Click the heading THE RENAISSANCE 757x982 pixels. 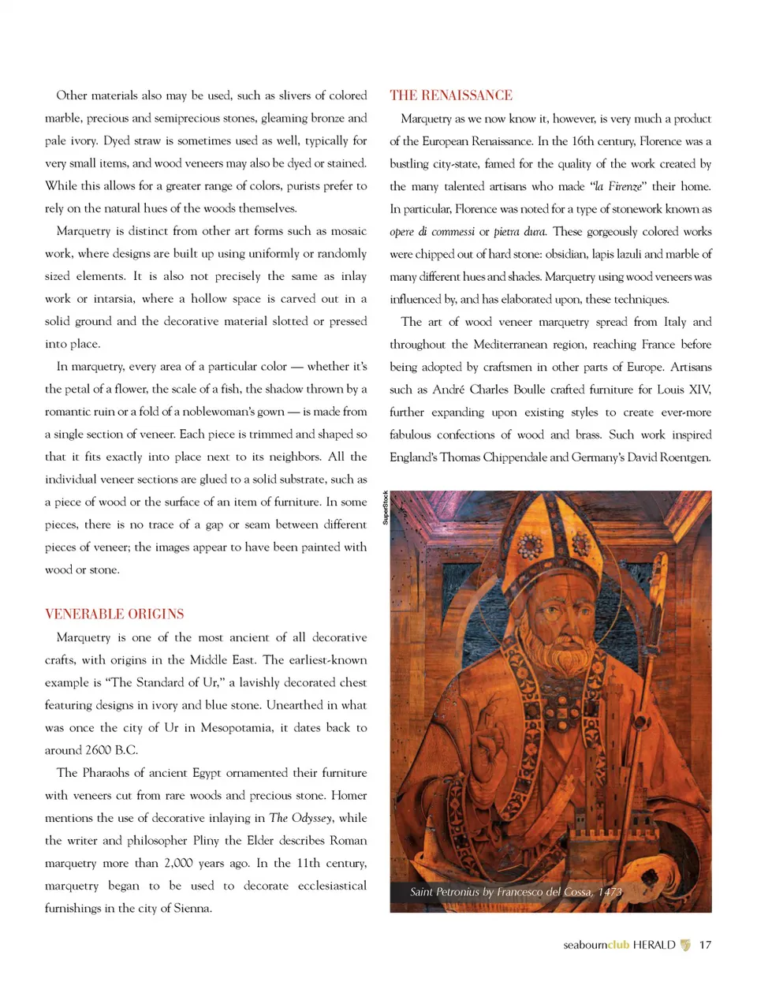click(450, 95)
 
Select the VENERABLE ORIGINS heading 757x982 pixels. click(114, 614)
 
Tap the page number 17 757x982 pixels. click(705, 945)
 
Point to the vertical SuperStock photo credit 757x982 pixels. click(386, 507)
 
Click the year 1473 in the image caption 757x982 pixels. click(610, 892)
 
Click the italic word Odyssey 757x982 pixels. click(312, 818)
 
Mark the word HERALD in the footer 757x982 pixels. click(654, 945)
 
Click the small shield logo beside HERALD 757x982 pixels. click(685, 945)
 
